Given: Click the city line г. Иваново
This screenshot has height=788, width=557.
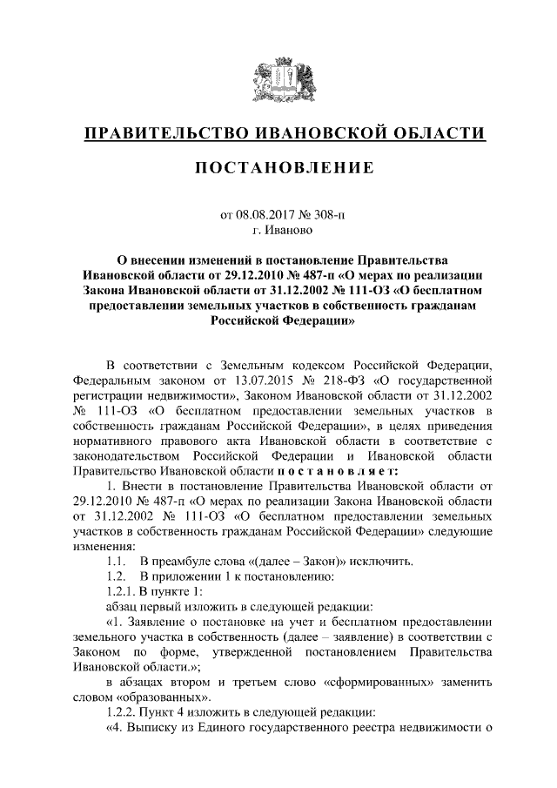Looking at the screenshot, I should coord(278,231).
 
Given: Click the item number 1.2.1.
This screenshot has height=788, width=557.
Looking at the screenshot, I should coord(120,592).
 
